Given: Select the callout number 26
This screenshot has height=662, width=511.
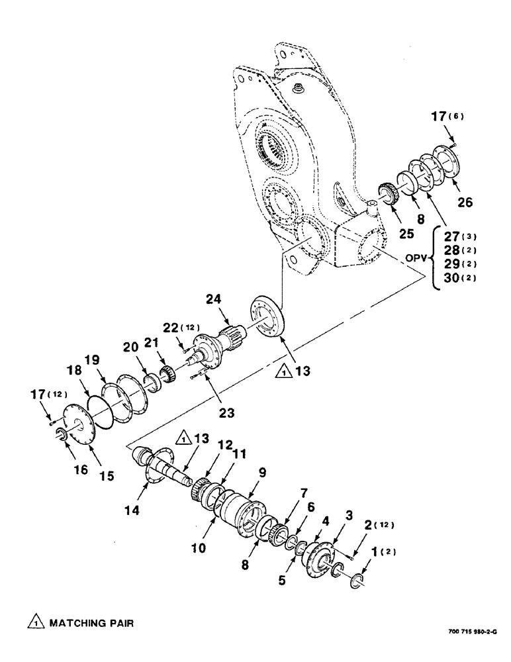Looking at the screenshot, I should [x=465, y=203].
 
